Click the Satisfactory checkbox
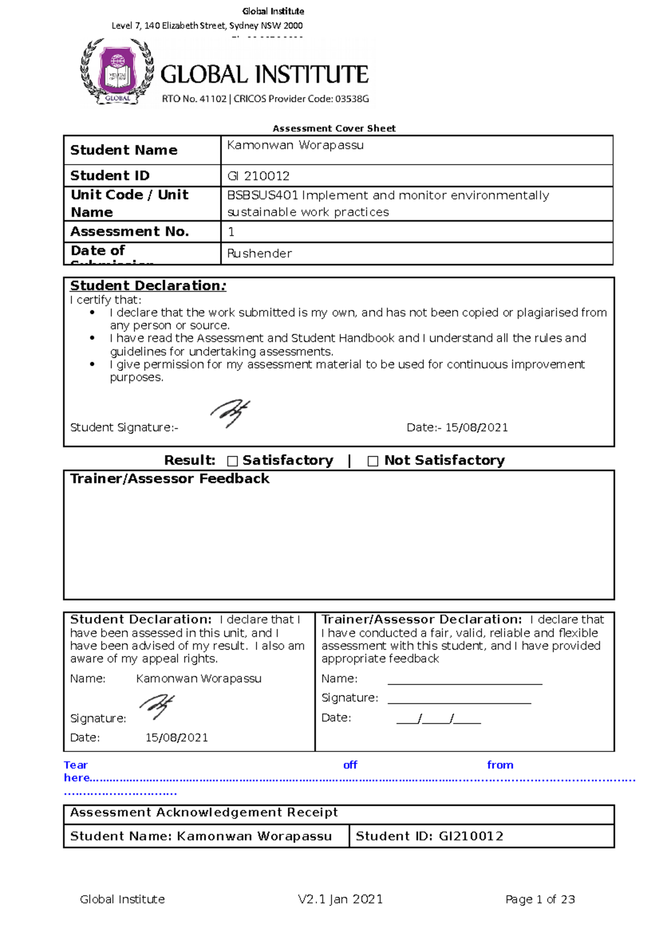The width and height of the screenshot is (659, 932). [x=232, y=461]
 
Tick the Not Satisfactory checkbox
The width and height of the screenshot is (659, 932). [x=373, y=461]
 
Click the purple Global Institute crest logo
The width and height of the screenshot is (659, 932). [x=117, y=71]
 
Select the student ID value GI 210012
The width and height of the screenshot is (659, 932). [x=258, y=176]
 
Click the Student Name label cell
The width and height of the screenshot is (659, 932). [x=124, y=150]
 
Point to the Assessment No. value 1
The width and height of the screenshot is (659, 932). [x=231, y=232]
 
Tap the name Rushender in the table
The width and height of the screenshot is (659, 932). [x=259, y=254]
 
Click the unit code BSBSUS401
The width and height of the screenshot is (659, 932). [x=262, y=196]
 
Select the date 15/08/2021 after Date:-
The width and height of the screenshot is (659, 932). [x=476, y=428]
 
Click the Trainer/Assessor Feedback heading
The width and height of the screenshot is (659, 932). [x=170, y=479]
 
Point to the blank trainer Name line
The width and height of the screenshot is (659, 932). [x=465, y=681]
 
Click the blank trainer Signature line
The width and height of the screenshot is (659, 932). [x=459, y=699]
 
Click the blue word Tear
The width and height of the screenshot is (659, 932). [x=75, y=765]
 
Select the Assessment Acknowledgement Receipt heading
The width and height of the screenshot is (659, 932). [x=204, y=812]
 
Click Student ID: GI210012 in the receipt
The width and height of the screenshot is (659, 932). [x=429, y=836]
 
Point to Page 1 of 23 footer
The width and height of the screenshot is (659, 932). [x=540, y=900]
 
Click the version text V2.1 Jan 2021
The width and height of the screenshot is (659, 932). [x=340, y=900]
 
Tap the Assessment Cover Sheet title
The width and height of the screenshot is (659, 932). [x=334, y=128]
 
